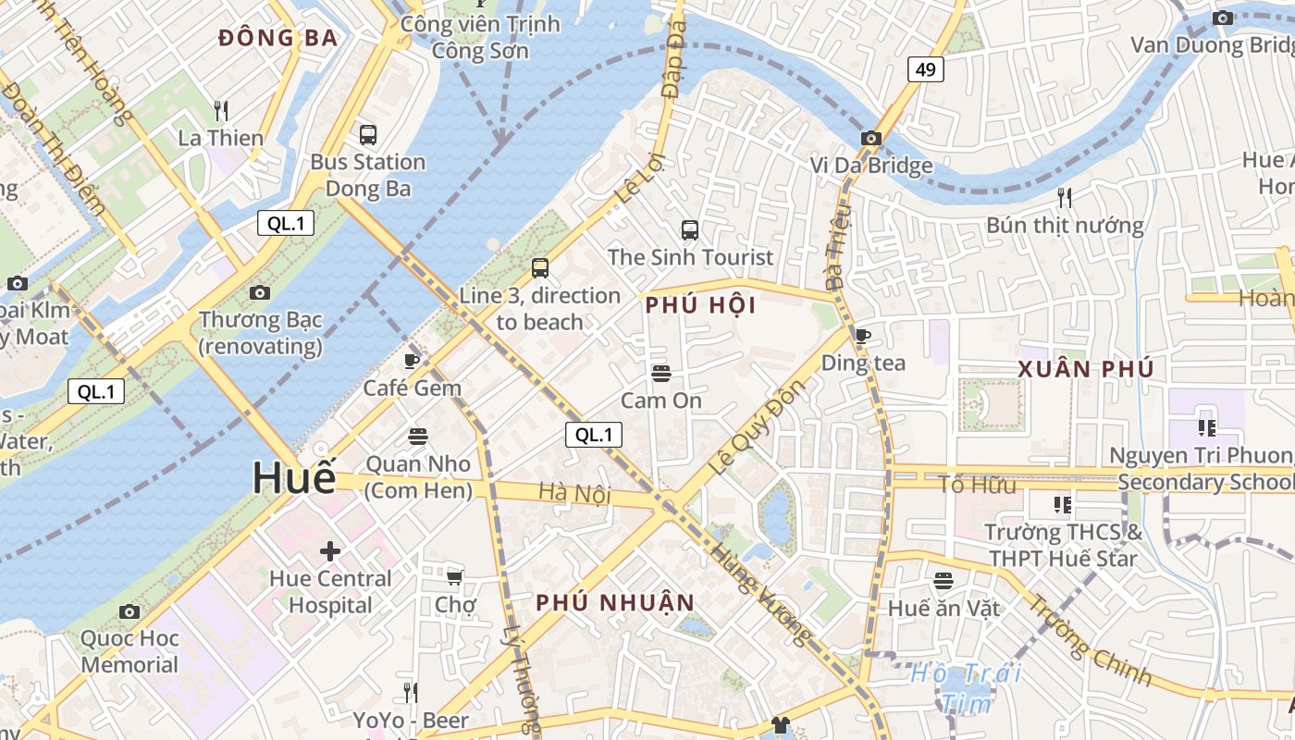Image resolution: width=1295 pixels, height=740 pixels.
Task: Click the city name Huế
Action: point(294,478)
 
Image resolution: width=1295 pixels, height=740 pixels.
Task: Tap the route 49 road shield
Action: point(925,69)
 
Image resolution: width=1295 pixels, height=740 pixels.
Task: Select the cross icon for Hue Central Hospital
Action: point(330,552)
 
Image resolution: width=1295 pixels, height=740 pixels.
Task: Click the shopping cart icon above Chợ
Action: point(454,577)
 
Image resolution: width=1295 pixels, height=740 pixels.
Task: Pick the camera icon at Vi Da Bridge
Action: point(870,139)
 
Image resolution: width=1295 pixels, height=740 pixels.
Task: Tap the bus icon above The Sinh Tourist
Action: point(690,229)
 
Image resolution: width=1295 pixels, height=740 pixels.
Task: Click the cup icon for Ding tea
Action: point(863,336)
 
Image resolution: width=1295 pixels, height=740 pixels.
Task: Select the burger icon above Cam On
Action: point(660,374)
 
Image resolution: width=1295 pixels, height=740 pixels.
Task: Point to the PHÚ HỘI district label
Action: point(700,305)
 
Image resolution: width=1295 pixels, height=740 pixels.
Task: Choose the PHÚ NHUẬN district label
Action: point(615,603)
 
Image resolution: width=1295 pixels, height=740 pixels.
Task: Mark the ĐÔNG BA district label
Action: point(277,38)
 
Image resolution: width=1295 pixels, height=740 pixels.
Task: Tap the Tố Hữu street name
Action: point(977,485)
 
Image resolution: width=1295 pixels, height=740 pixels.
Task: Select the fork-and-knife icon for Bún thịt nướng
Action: point(1065,197)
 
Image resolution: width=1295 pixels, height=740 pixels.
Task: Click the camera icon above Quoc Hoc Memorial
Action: point(129,611)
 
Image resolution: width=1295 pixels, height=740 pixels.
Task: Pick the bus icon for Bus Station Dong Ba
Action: point(367,135)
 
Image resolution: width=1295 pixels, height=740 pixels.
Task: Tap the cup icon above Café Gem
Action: point(412,361)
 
